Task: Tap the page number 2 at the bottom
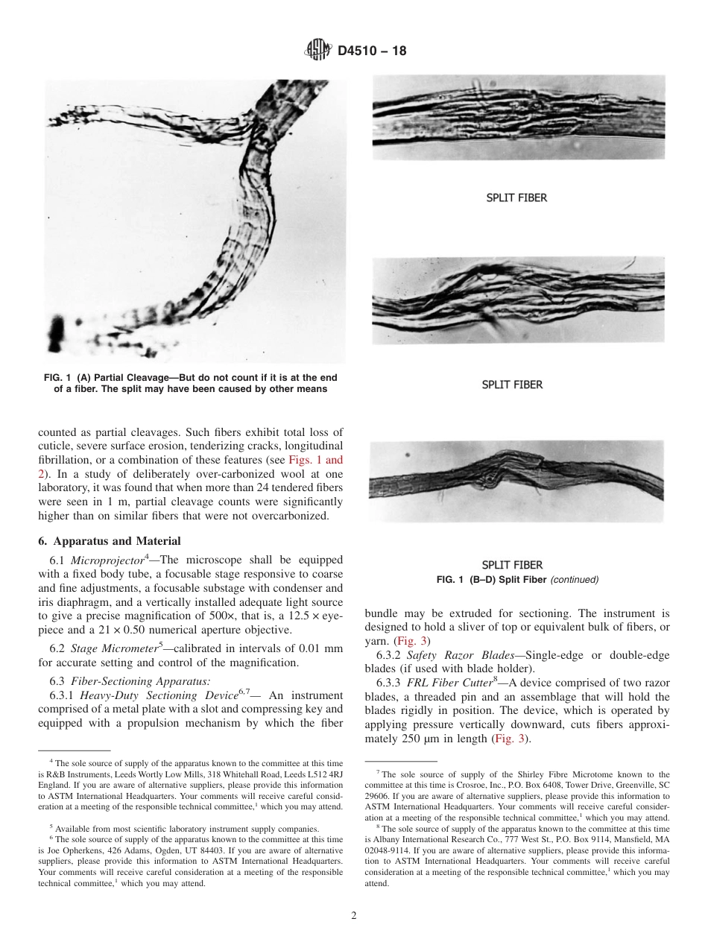pos(354,916)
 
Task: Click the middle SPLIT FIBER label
pos(512,385)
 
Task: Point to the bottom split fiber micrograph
pos(517,482)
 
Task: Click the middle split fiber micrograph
pos(517,300)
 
